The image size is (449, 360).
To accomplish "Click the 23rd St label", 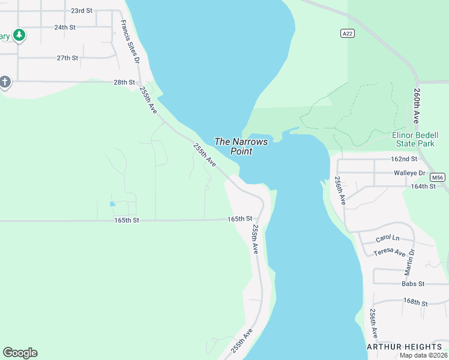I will pyautogui.click(x=82, y=11).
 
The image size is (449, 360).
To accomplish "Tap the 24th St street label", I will pyautogui.click(x=64, y=28).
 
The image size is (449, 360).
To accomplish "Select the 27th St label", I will pyautogui.click(x=67, y=58).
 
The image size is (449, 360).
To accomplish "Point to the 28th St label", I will pyautogui.click(x=124, y=82).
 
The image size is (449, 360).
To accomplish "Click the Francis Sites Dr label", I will pyautogui.click(x=130, y=42).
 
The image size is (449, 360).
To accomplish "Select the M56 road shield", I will pyautogui.click(x=438, y=177).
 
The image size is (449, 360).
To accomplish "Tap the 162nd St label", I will pyautogui.click(x=403, y=159).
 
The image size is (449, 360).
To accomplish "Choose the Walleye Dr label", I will pyautogui.click(x=409, y=173).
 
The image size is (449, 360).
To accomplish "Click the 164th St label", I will pyautogui.click(x=423, y=187).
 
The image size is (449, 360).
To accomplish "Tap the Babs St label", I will pyautogui.click(x=413, y=284).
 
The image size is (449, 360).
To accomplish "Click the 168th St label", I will pyautogui.click(x=415, y=301).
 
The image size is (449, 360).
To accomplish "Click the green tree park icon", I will pyautogui.click(x=20, y=35).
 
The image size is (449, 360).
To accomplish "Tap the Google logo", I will pyautogui.click(x=20, y=353).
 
